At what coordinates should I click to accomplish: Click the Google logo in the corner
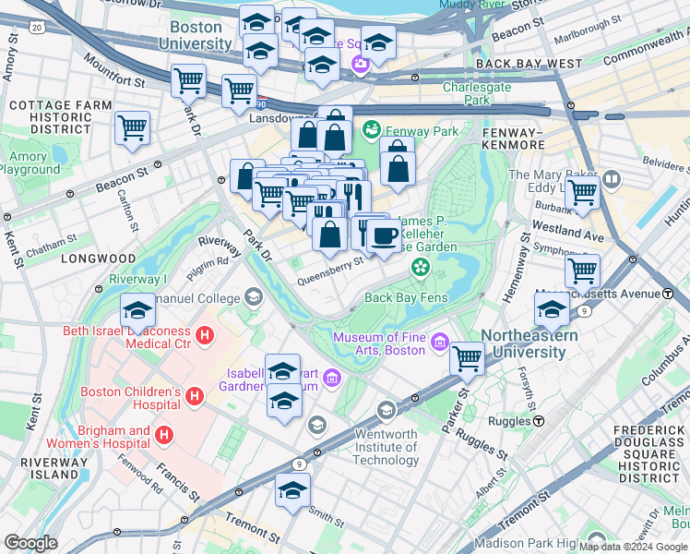tap(30, 543)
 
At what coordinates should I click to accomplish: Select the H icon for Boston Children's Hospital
tap(195, 397)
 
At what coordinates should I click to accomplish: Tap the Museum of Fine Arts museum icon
tap(439, 343)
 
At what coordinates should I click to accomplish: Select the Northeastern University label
tap(529, 343)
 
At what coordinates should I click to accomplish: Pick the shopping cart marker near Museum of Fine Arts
tap(467, 357)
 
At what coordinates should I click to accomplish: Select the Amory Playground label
tap(29, 163)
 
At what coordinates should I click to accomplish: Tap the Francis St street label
tap(178, 481)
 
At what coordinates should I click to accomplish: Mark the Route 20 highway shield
tap(36, 28)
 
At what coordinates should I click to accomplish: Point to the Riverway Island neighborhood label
tap(40, 467)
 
